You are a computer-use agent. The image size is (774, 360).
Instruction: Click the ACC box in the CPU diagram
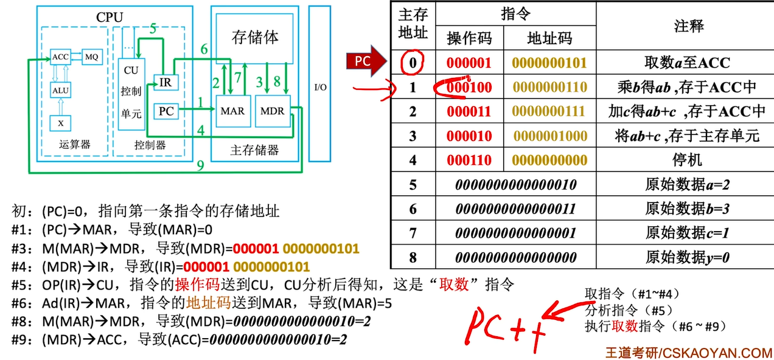click(x=60, y=57)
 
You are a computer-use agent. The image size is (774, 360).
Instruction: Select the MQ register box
click(x=92, y=57)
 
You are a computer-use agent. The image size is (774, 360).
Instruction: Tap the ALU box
click(x=60, y=90)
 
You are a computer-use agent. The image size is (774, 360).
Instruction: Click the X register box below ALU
click(x=60, y=123)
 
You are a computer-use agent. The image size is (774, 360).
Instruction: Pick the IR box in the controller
click(x=165, y=82)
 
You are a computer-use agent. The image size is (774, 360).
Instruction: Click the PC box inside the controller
click(x=166, y=111)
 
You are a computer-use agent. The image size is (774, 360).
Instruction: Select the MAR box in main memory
click(x=232, y=111)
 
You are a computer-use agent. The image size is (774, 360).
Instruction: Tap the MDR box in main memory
click(x=272, y=111)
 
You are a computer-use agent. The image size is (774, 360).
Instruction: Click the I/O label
click(x=320, y=87)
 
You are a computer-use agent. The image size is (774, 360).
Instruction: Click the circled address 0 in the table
click(x=413, y=62)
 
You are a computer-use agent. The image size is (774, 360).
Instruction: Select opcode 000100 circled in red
click(x=469, y=87)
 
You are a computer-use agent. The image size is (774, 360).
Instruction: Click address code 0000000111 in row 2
click(x=549, y=111)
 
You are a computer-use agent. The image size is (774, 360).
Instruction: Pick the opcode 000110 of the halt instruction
click(x=469, y=160)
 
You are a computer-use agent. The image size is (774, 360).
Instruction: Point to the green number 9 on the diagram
click(x=201, y=165)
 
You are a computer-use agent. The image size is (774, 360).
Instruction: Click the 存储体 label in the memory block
click(x=256, y=37)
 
